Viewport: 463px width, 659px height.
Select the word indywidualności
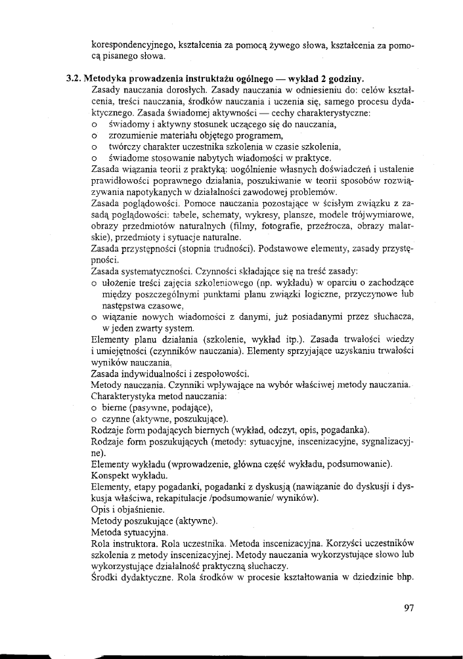[x=156, y=374]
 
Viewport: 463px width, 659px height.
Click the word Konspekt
[x=110, y=476]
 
